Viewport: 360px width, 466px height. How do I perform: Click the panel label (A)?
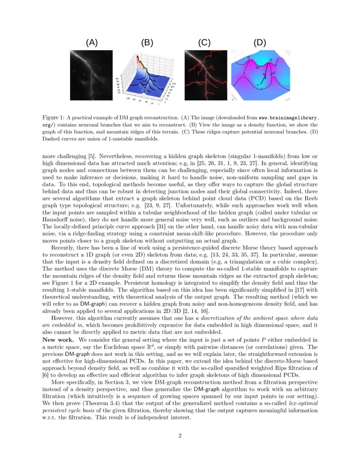[x=91, y=42]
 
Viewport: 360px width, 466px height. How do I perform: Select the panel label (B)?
[x=147, y=42]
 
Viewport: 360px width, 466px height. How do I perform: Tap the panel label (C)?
[x=204, y=42]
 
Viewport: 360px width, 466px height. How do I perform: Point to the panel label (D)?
[x=260, y=42]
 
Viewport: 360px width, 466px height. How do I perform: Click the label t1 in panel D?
[x=249, y=57]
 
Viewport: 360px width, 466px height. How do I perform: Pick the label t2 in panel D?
[x=271, y=60]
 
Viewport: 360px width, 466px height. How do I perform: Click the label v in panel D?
[x=258, y=85]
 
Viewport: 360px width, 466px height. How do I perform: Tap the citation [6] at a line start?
[x=46, y=374]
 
